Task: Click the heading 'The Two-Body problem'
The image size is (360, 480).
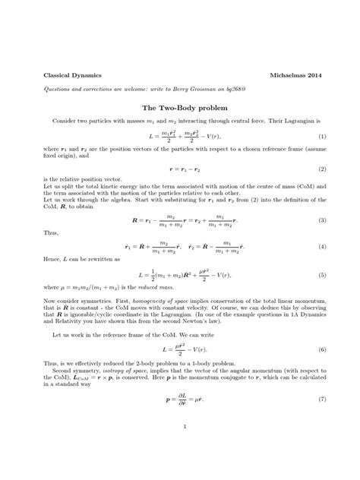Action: [x=180, y=108]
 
